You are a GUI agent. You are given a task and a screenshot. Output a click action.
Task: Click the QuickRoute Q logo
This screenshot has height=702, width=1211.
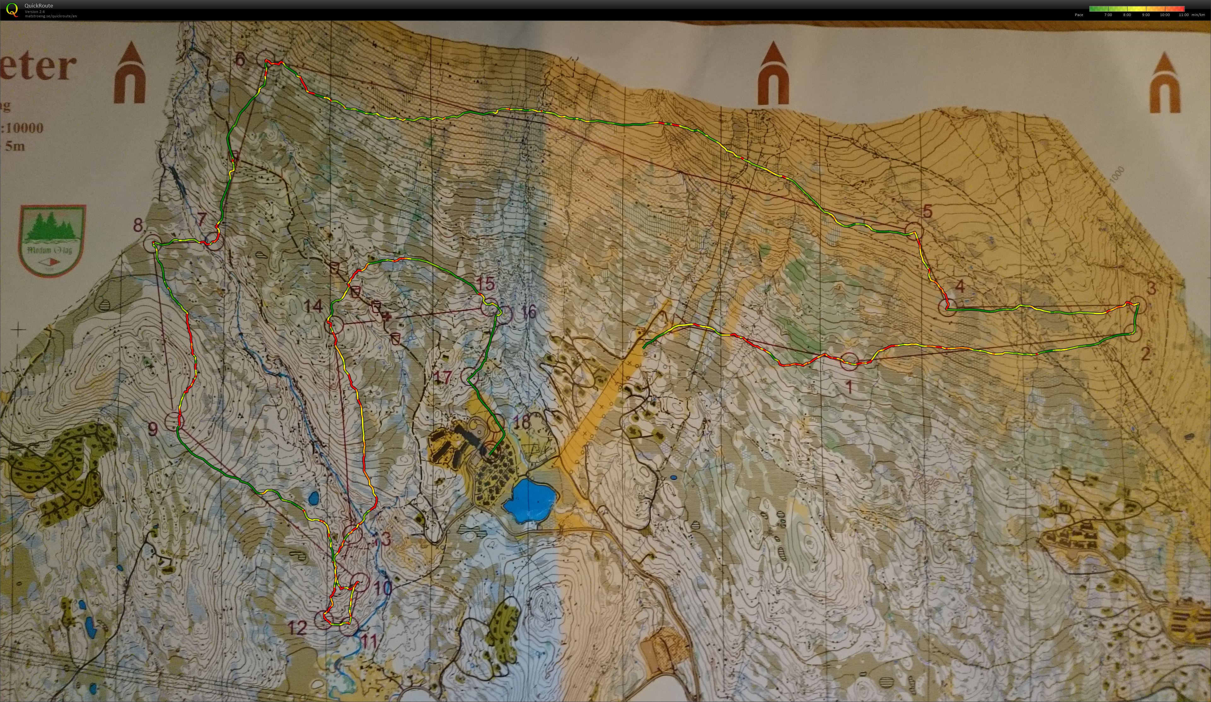(12, 9)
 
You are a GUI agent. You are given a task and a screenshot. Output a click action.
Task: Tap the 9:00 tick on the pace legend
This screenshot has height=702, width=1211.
(1146, 15)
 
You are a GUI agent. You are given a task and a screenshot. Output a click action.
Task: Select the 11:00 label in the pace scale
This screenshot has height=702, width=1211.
(1183, 15)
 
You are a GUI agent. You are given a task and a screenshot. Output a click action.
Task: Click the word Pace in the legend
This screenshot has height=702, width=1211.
(1079, 15)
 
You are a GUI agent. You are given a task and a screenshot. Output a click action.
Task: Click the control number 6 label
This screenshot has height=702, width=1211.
(240, 59)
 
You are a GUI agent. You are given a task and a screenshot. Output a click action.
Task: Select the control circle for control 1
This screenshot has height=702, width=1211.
(849, 361)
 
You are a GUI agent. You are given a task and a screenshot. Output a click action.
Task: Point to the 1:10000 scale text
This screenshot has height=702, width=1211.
(23, 128)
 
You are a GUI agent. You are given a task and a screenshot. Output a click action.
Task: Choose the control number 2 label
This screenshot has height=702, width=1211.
(1145, 354)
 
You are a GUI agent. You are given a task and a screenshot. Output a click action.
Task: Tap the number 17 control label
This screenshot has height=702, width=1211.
(443, 377)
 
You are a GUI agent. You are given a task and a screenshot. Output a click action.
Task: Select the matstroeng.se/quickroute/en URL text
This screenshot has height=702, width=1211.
(51, 16)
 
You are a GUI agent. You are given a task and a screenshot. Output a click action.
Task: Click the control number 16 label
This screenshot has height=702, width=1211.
(528, 311)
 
